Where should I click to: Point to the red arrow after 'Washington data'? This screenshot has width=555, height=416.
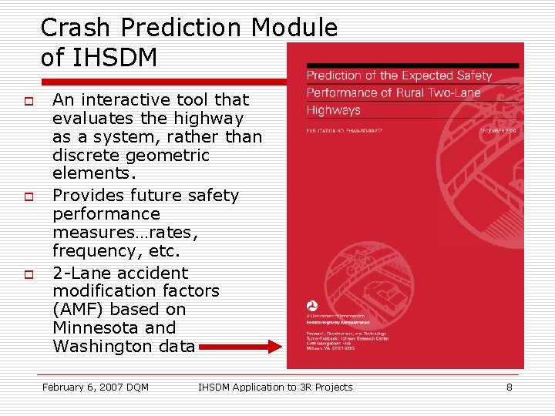point(241,347)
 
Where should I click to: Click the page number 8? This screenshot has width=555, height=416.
point(509,387)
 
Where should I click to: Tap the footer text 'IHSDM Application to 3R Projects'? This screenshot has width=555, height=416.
point(275,387)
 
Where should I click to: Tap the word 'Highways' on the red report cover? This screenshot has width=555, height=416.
point(333,110)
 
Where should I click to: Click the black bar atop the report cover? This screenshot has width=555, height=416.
point(412,65)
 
